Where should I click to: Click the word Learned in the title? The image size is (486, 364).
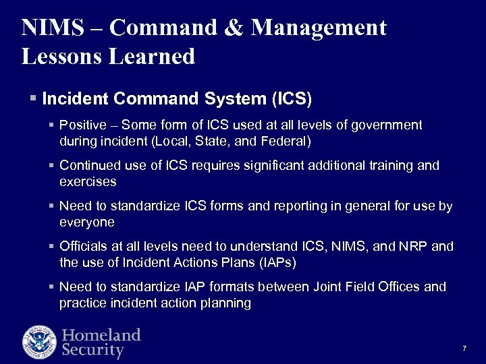(x=154, y=56)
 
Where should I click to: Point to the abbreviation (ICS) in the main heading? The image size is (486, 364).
(x=292, y=99)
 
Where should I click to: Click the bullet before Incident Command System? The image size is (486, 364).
(x=34, y=99)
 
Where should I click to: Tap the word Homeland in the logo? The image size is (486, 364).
(x=101, y=335)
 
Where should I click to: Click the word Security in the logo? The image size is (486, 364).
(x=93, y=351)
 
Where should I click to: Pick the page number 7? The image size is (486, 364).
(x=464, y=348)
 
